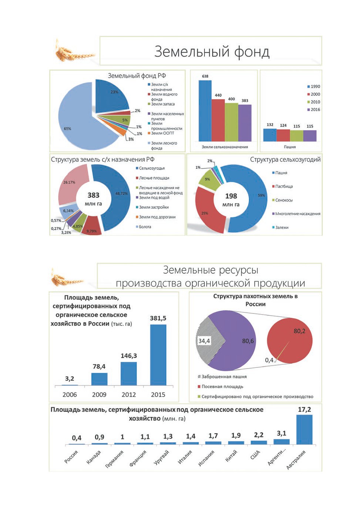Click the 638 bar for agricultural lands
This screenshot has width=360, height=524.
tap(205, 111)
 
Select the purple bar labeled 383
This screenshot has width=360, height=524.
tap(245, 123)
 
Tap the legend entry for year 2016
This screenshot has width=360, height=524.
tap(314, 110)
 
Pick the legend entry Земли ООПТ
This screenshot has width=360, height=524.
tap(161, 133)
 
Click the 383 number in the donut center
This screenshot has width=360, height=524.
tap(93, 195)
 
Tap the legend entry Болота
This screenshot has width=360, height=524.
tap(143, 227)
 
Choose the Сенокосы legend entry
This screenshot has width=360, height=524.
tap(282, 200)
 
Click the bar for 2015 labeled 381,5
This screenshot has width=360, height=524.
tap(158, 355)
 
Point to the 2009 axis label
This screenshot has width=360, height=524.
tap(99, 394)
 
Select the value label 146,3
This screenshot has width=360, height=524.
tap(129, 356)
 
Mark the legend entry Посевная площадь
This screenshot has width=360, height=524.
tap(220, 386)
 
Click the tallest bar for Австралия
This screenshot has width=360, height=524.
tap(304, 430)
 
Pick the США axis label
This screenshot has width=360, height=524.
tap(255, 455)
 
